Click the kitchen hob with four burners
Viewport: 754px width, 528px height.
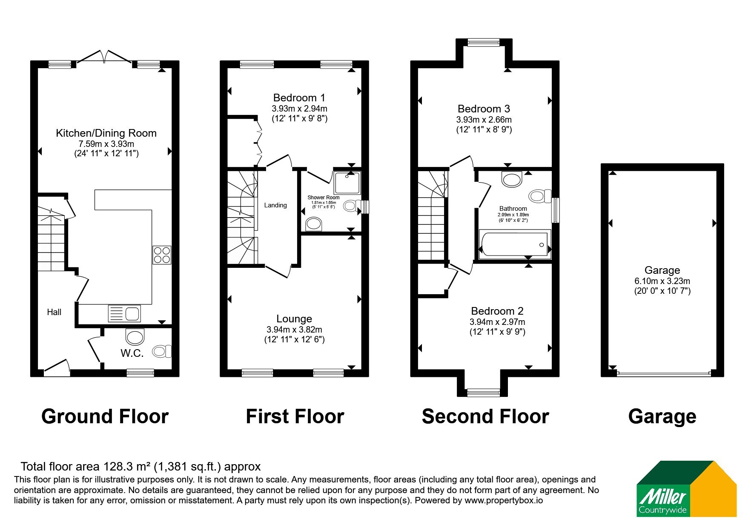162,255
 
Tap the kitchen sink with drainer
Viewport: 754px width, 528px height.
125,313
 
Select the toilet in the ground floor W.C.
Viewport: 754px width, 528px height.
162,351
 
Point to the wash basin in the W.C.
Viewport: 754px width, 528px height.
135,336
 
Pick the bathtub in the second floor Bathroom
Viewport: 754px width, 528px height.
515,244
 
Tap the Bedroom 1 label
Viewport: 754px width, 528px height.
299,98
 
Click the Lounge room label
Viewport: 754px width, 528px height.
294,319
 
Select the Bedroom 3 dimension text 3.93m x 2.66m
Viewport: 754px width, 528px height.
484,120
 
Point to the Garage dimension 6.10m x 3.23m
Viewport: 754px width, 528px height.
662,281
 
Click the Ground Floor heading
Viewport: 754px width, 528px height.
105,416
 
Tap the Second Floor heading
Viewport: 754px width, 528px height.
485,416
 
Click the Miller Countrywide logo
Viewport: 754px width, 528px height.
686,489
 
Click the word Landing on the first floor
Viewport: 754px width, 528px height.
275,205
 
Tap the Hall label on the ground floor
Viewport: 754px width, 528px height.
54,312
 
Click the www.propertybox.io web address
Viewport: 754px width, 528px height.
504,501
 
